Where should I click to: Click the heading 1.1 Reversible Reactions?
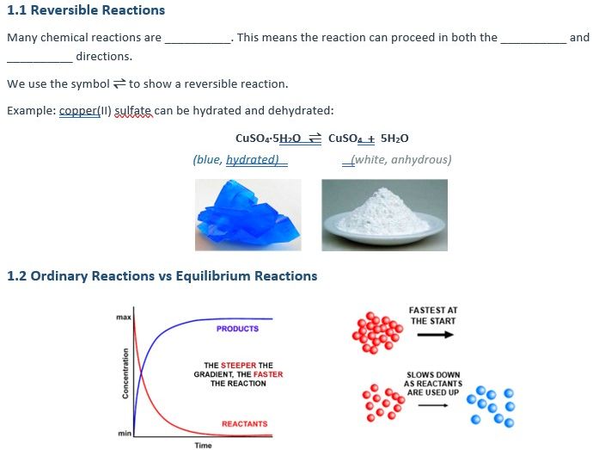click(x=86, y=10)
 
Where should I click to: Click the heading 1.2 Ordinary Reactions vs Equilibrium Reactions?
click(x=162, y=276)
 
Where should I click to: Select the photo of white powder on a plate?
click(x=384, y=214)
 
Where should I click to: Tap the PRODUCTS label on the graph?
click(x=237, y=329)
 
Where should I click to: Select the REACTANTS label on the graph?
click(x=244, y=424)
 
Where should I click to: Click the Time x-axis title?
click(x=205, y=445)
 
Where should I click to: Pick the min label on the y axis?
click(x=124, y=433)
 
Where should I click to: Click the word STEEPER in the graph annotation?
click(x=238, y=366)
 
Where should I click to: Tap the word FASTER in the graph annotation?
click(x=267, y=374)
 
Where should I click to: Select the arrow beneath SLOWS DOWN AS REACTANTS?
click(x=432, y=406)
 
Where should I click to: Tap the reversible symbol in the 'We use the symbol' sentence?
click(x=119, y=83)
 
